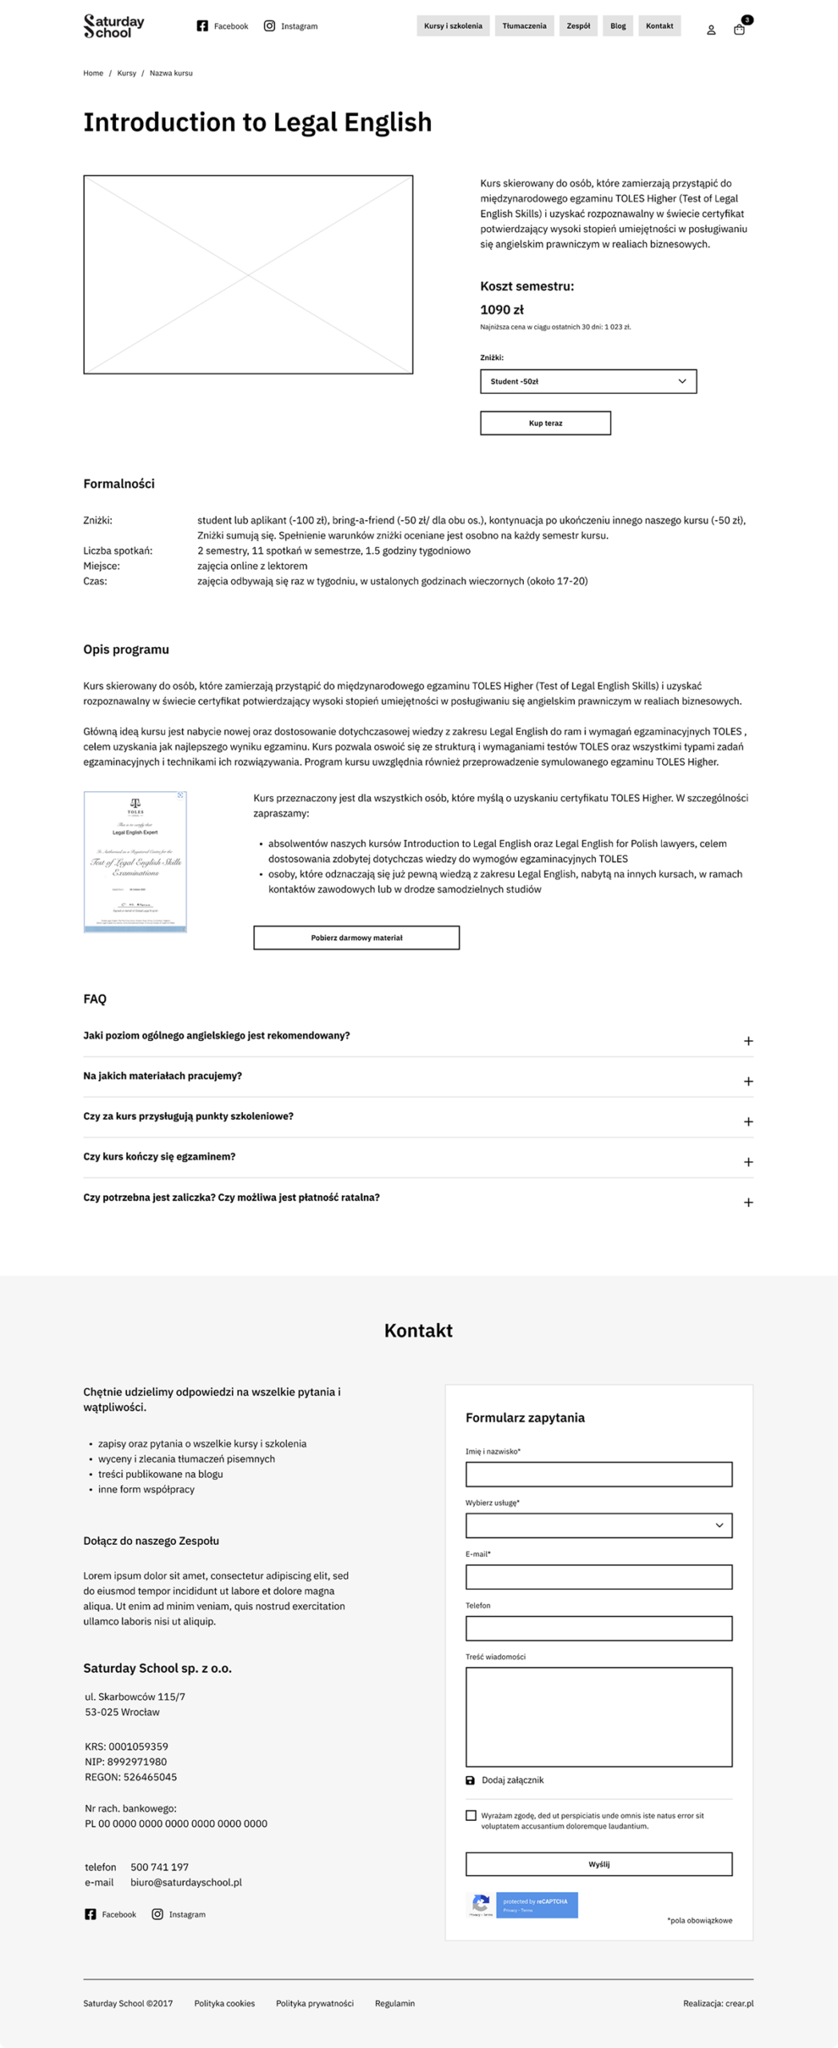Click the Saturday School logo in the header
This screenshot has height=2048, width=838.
(114, 26)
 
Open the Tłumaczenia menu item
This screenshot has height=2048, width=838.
(524, 26)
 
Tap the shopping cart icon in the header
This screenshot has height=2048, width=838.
(740, 29)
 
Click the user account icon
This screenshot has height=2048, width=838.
(711, 30)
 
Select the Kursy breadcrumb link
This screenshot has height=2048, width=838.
(126, 74)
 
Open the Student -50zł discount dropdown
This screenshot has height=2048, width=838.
(588, 382)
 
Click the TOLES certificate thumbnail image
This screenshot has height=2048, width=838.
(135, 862)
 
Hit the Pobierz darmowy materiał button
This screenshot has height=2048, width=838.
(357, 938)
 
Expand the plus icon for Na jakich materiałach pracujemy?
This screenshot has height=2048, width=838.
(748, 1082)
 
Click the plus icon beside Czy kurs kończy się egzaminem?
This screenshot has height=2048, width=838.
(748, 1162)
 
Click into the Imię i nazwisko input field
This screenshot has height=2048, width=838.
(599, 1474)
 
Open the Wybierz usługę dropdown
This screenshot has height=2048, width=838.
(599, 1526)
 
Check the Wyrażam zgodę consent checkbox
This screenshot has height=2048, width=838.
(471, 1815)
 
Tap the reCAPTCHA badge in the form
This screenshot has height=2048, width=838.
(523, 1905)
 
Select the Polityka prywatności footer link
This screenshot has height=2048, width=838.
(314, 2003)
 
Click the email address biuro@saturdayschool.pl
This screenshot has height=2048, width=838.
(186, 1882)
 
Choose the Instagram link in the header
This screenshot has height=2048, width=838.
(291, 26)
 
